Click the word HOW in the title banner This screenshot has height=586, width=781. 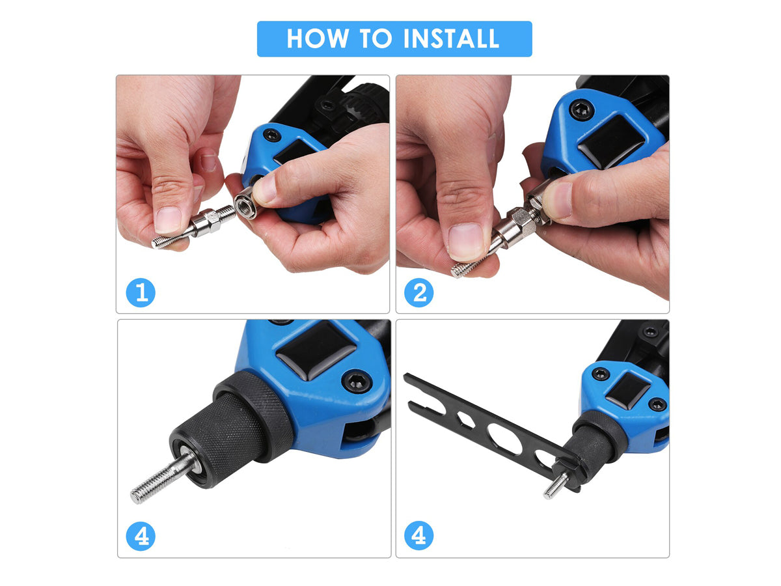317,38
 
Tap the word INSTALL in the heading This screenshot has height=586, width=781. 451,38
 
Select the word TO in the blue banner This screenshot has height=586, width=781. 376,38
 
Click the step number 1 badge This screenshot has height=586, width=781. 141,292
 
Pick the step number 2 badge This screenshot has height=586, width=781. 418,292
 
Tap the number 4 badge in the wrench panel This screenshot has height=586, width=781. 418,535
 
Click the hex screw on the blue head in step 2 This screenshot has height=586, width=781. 582,110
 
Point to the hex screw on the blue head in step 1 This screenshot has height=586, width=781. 272,135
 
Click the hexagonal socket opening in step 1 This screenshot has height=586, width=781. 245,206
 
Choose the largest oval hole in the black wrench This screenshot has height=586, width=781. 504,438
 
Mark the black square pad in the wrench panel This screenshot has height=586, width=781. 627,391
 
